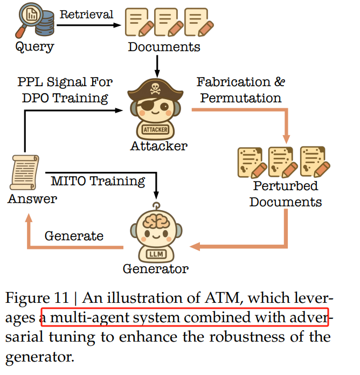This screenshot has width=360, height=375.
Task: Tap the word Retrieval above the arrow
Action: [86, 15]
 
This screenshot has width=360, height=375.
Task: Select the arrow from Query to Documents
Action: [89, 25]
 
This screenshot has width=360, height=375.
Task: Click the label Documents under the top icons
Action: [164, 47]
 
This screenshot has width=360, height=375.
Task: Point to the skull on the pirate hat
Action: [155, 88]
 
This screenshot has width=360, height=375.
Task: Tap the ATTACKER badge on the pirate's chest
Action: [156, 130]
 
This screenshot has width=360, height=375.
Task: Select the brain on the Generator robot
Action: [156, 221]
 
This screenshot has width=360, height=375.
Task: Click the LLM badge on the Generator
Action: [156, 254]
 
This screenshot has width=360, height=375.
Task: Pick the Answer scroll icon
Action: [24, 172]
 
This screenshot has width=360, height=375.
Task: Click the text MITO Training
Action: [98, 181]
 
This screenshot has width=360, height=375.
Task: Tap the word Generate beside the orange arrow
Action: [74, 236]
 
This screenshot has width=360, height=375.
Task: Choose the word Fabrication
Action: [233, 82]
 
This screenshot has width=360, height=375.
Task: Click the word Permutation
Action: [241, 98]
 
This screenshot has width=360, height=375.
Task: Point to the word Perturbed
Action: [286, 186]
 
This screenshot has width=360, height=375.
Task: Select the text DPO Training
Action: [65, 98]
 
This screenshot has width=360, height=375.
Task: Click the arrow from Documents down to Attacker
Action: [157, 66]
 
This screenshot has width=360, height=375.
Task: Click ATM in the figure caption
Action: [223, 298]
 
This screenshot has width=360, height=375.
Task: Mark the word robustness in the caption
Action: [247, 337]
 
